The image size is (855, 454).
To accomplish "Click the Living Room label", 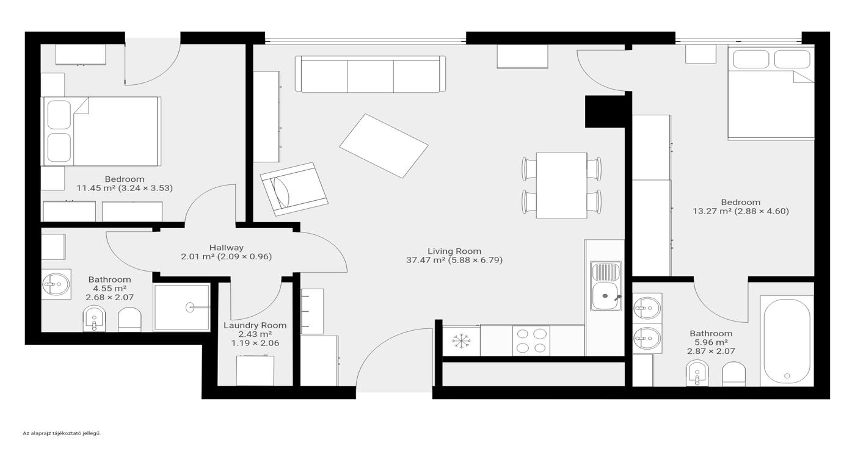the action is click(x=454, y=251).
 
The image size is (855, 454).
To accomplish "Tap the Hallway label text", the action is click(x=227, y=248).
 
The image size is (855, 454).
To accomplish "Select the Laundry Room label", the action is click(x=255, y=325).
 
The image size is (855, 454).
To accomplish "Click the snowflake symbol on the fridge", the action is click(x=461, y=340).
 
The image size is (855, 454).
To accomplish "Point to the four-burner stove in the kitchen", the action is click(x=531, y=340).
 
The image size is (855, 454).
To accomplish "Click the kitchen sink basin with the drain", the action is click(x=606, y=296).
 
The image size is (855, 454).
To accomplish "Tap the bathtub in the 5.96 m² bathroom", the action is click(x=787, y=340).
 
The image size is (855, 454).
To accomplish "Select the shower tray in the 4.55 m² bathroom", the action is click(x=182, y=307).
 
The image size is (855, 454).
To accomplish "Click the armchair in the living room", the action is click(x=294, y=189).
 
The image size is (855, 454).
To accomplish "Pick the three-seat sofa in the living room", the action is click(x=370, y=74).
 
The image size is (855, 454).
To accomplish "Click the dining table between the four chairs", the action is click(x=561, y=186).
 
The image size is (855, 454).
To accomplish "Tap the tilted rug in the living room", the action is click(x=384, y=146).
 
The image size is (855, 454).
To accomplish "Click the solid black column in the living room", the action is click(x=605, y=112).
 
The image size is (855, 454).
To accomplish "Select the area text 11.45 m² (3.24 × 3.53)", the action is click(x=125, y=188).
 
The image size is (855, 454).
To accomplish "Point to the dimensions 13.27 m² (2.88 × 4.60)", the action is click(x=741, y=211).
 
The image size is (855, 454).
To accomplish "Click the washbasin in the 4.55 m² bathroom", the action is click(x=56, y=284).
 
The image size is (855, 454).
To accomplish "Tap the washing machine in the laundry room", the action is click(x=255, y=370).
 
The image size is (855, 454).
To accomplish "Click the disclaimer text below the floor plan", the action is click(x=62, y=433).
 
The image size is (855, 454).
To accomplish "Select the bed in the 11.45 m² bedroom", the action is click(x=101, y=131).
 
